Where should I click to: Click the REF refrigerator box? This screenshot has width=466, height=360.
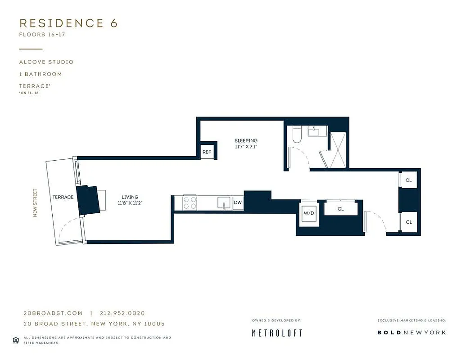coord(207,152)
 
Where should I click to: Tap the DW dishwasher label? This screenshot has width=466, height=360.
coord(238,203)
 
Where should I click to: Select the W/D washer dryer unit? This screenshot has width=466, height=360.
coord(309,213)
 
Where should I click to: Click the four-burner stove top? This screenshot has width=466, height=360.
coord(190,203)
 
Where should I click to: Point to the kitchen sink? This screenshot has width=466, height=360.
coord(223,203)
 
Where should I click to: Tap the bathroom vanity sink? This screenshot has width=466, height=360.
coord(317,131)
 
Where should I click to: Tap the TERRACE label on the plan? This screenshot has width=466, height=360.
coord(63,197)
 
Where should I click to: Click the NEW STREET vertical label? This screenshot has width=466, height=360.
coord(35,203)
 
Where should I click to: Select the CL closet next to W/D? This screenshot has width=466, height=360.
coord(341,209)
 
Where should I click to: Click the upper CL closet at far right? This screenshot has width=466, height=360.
coord(409,180)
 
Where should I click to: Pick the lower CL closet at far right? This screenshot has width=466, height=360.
coord(409,222)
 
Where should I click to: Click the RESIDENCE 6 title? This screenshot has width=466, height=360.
coord(68,23)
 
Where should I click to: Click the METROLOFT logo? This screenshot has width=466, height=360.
coord(277,333)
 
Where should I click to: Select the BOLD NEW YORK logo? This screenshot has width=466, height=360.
coord(412,333)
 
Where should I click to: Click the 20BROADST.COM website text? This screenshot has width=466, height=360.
coord(53,313)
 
